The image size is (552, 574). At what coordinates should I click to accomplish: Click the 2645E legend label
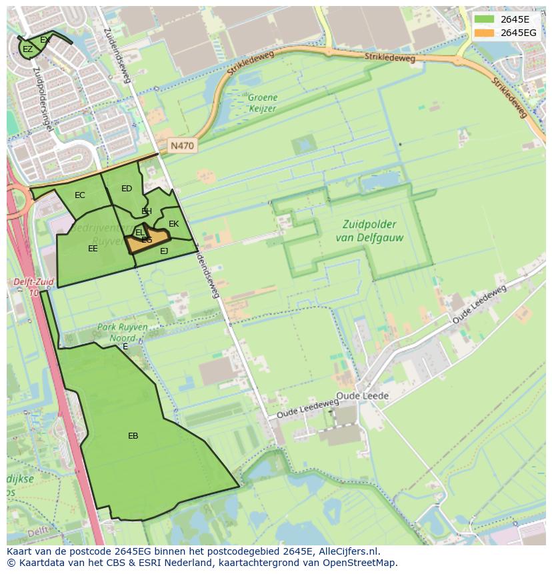point(515,19)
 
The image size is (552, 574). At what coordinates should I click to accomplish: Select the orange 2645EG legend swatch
point(485,33)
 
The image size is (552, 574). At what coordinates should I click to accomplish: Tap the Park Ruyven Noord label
point(123,332)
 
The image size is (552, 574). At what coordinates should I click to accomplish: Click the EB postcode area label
point(133,436)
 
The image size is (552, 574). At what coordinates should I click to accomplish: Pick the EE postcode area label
point(93,249)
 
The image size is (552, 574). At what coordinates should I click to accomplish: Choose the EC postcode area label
point(80,195)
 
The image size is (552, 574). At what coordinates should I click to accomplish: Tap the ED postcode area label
point(127,189)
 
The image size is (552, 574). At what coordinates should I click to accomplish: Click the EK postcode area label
point(173,224)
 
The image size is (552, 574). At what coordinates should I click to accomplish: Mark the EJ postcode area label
point(164,251)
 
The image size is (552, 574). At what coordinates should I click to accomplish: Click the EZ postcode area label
point(27,49)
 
